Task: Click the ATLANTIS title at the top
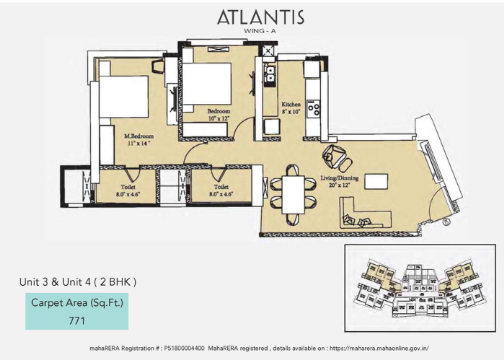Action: click(x=260, y=17)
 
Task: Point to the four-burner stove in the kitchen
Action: click(x=314, y=108)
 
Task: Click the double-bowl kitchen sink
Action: click(x=270, y=73)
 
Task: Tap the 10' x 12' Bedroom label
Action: click(x=218, y=115)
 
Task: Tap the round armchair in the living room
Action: click(x=335, y=154)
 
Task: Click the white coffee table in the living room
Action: click(x=376, y=182)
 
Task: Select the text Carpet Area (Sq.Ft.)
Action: click(x=77, y=302)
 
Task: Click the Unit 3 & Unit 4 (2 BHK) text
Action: click(x=78, y=281)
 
